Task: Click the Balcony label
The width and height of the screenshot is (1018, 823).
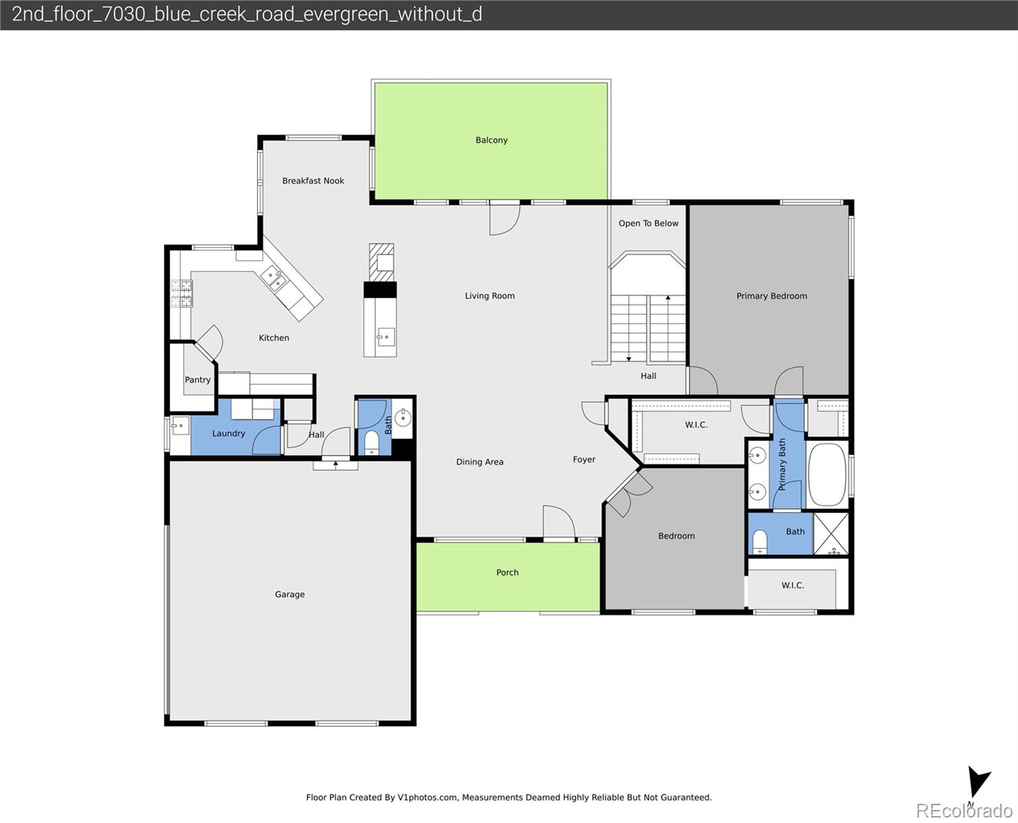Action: coord(491,140)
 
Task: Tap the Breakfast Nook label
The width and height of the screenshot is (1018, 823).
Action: coord(313,181)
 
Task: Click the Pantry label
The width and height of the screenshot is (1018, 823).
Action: coord(198,380)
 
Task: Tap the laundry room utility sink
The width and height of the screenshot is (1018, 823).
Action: coord(180,426)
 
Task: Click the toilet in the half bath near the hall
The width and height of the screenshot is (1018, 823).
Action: coord(371,442)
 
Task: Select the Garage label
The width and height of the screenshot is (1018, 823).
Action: coord(289,595)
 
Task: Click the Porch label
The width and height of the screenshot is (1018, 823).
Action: coord(507,573)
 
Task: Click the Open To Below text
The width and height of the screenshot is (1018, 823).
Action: coord(648,224)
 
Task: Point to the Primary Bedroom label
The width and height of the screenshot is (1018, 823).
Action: coord(771,296)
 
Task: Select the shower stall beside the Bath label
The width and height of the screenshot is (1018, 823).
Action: coord(831,534)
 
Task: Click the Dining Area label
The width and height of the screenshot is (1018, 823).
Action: coord(480,462)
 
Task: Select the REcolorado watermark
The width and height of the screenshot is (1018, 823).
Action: coord(964,810)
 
